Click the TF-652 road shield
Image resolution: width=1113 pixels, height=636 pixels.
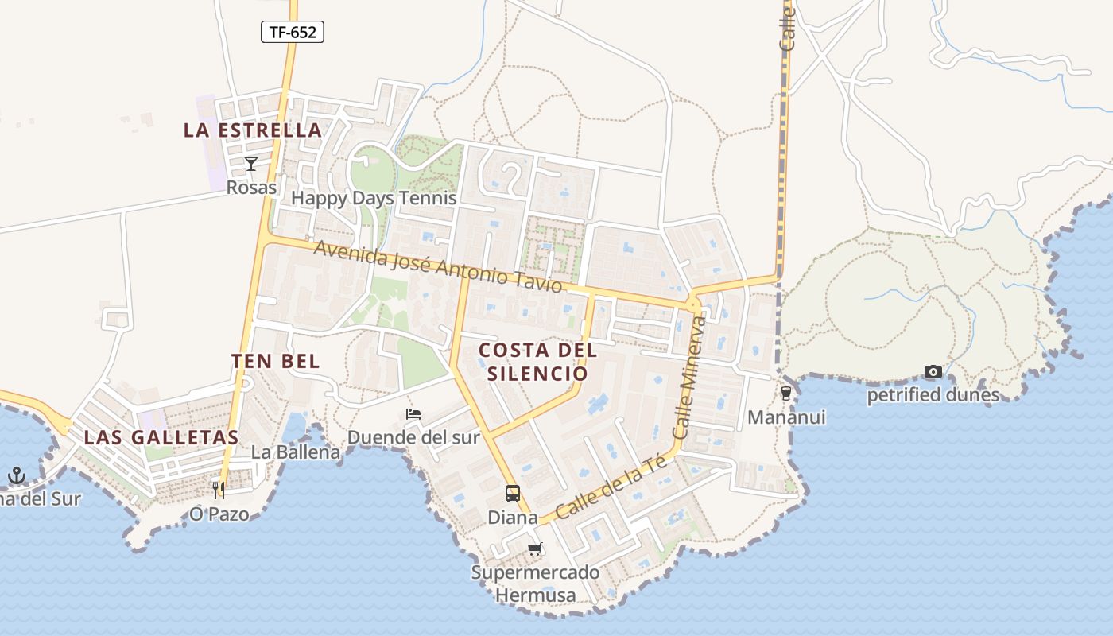[293, 32]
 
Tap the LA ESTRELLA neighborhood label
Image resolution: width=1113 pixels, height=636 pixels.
[253, 130]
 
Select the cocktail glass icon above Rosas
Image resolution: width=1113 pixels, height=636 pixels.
[251, 164]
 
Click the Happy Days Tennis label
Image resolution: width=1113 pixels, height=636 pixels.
[374, 198]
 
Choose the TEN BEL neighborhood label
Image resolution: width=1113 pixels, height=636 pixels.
[276, 361]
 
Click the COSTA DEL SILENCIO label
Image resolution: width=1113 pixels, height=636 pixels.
[537, 361]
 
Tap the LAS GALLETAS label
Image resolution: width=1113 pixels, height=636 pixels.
[161, 437]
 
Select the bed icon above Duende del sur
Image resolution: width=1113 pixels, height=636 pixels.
[413, 414]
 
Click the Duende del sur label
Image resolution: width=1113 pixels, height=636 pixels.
[413, 437]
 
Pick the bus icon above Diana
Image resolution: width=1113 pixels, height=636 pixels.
[513, 494]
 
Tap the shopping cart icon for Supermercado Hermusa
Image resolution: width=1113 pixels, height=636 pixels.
[535, 549]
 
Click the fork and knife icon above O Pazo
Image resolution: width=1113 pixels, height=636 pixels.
[219, 491]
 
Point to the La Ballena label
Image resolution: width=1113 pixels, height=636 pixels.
[296, 452]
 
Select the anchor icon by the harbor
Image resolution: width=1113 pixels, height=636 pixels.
[17, 476]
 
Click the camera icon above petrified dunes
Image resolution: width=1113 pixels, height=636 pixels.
[933, 371]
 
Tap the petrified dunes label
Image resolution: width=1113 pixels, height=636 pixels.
[933, 394]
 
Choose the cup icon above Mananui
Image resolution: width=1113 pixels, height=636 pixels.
[786, 393]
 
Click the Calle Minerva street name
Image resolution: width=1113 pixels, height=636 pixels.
[689, 378]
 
